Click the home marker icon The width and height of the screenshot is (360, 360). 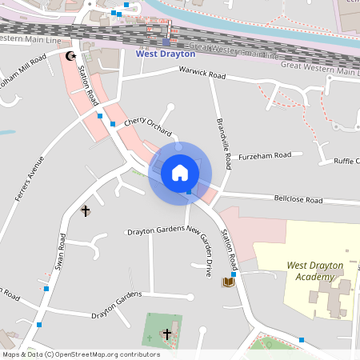coord(180,173)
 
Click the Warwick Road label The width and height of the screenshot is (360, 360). coord(202,76)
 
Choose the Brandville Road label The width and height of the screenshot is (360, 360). coord(223,144)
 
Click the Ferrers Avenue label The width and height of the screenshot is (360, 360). coord(29,176)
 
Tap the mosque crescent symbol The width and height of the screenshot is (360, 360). coord(70,56)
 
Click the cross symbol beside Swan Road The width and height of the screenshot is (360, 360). coord(86,210)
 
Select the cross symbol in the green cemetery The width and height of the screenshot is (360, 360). coord(167,333)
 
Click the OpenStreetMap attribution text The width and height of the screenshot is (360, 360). coord(81,354)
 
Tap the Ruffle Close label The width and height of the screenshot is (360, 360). coord(346,161)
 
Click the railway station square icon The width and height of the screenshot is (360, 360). coord(166,42)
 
